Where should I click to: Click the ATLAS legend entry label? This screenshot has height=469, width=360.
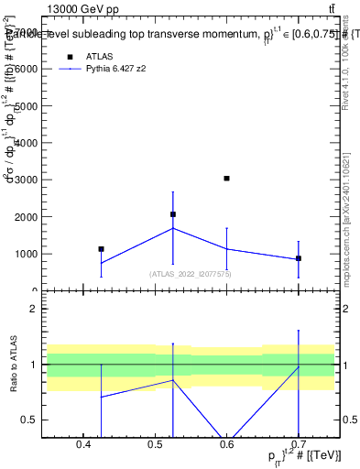pos(100,56)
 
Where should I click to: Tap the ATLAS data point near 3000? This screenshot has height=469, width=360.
pos(226,178)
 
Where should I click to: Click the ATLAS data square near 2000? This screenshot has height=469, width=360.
pos(173,214)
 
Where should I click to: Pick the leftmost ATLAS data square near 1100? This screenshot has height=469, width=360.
pos(101,249)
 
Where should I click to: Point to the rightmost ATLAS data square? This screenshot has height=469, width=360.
pos(299,258)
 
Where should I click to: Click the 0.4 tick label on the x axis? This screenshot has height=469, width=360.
pos(83,445)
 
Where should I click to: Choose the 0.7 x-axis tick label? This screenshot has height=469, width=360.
pos(299,445)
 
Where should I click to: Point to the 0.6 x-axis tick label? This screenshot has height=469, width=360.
pos(227,445)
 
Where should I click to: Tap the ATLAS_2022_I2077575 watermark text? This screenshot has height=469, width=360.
pos(191,274)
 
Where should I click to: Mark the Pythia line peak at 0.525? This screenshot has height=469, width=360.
pos(173,228)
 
